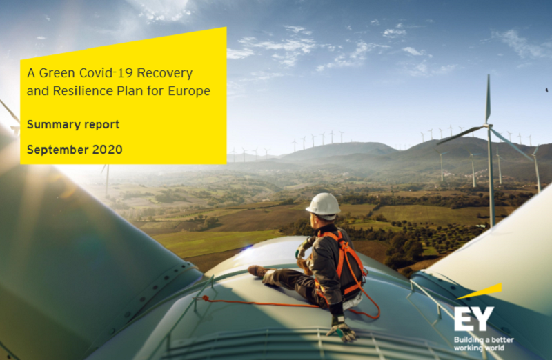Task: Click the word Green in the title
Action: point(57,73)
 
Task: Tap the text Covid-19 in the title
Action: point(106,73)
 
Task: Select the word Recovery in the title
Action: point(164,74)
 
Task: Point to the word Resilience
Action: point(83,91)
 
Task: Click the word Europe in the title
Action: point(189,92)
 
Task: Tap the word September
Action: point(57,150)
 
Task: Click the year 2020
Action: point(107,150)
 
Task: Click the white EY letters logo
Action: point(474,319)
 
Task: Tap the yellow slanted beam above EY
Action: point(480,291)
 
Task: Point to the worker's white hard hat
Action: point(323,204)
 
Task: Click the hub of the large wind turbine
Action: point(488,126)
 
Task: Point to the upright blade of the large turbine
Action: point(488,99)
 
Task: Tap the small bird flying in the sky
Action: point(546,90)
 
